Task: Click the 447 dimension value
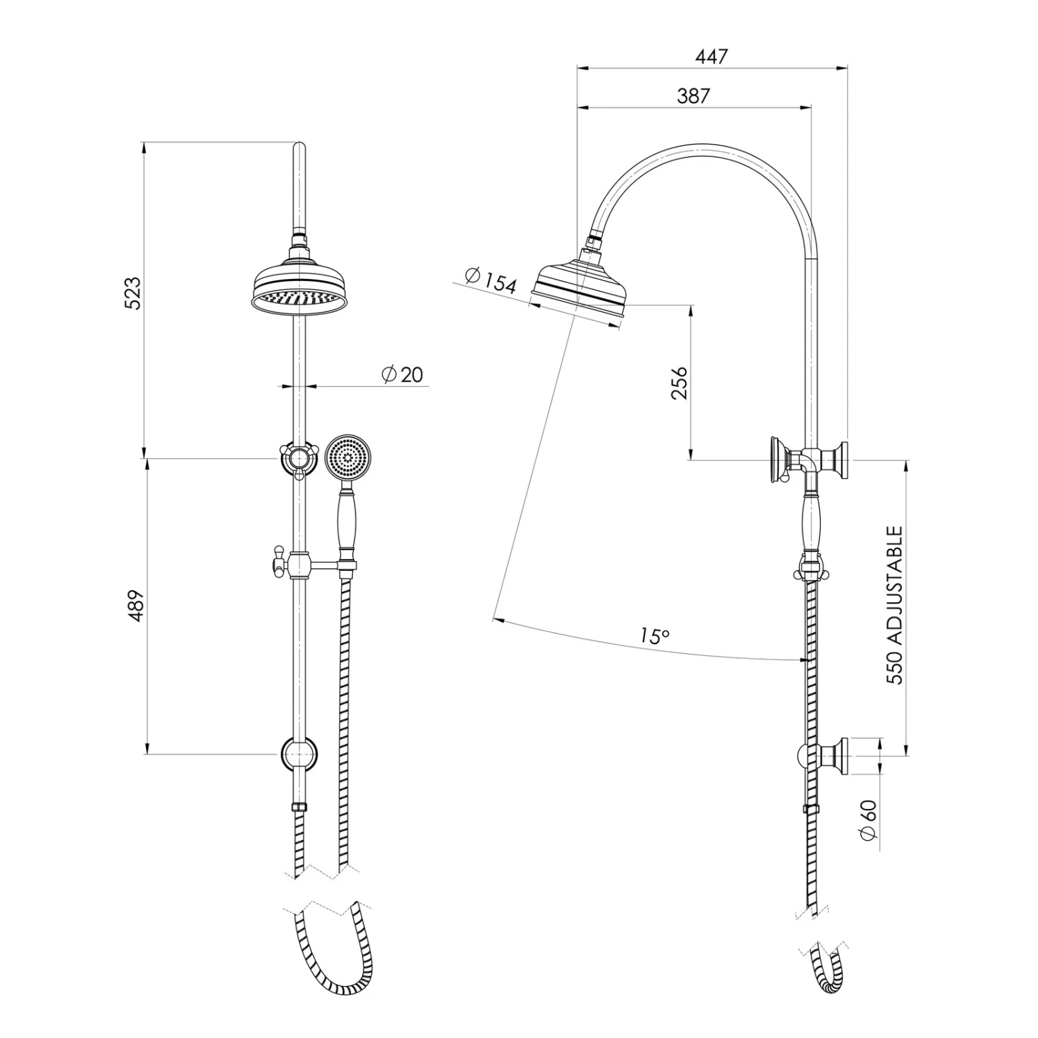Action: click(x=712, y=56)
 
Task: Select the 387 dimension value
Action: click(x=693, y=95)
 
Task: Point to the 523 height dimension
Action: click(x=132, y=293)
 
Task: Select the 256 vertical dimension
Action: click(x=680, y=383)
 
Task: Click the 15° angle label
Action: click(x=654, y=636)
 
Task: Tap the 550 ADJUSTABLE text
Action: click(x=895, y=605)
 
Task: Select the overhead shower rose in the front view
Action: click(x=298, y=289)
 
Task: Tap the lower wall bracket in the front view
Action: click(x=298, y=754)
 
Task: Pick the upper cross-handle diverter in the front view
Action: click(x=298, y=458)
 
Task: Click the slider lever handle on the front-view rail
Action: click(x=277, y=561)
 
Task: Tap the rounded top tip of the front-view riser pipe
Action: click(x=299, y=147)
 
